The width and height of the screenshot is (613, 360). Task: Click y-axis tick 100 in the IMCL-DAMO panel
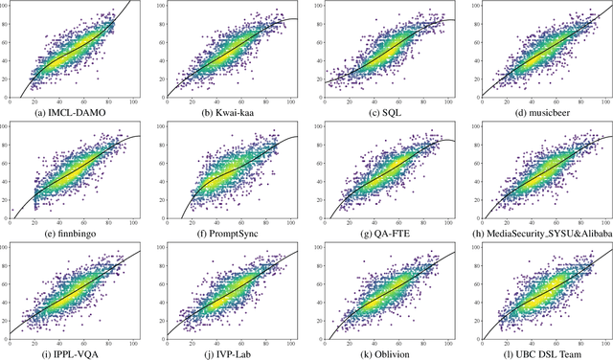(5, 6)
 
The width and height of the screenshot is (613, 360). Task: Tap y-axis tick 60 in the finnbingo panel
(5, 162)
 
